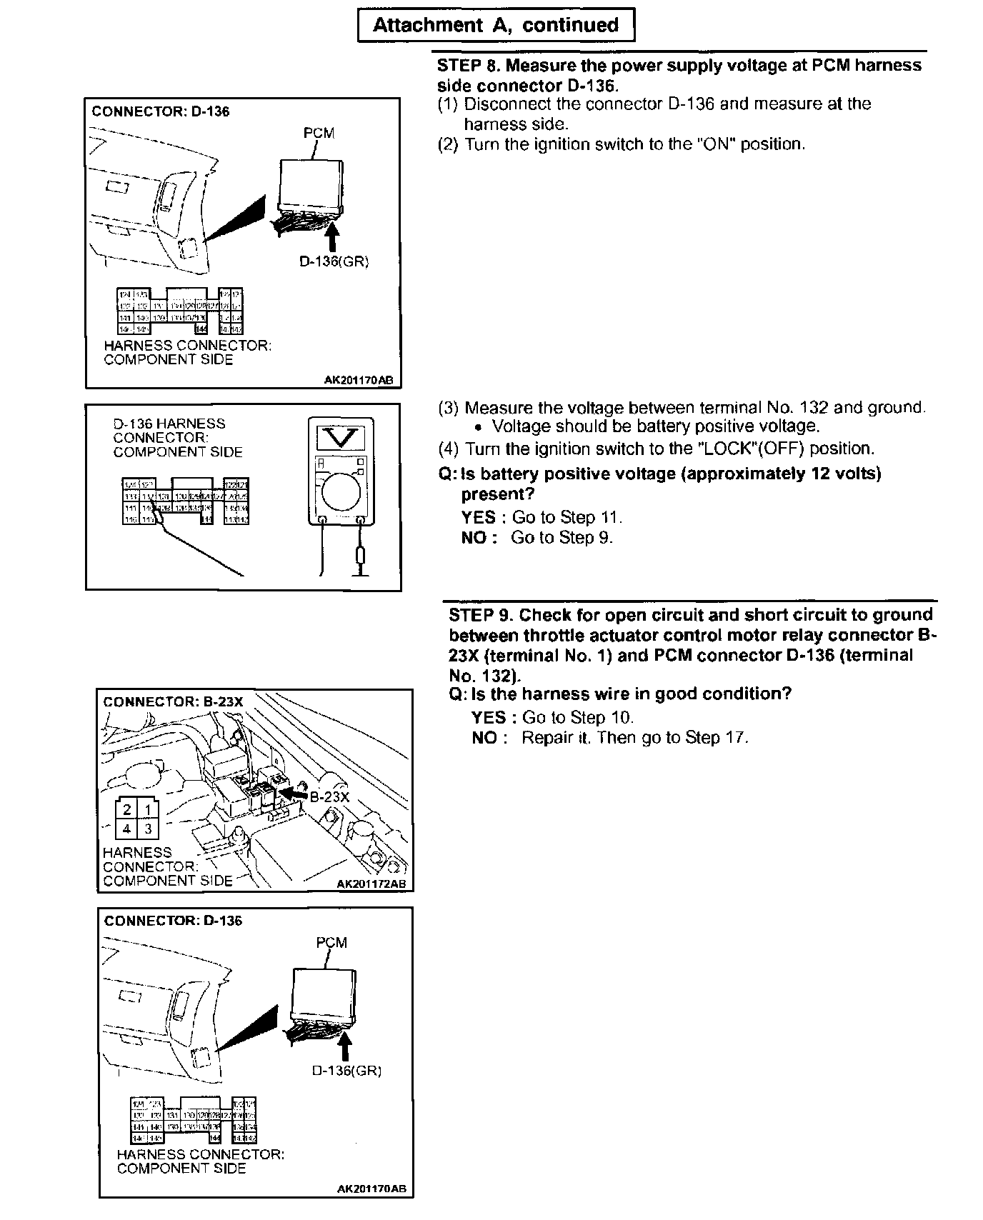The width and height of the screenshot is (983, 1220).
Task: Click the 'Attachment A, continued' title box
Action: pos(496,26)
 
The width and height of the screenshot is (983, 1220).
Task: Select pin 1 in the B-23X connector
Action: pos(148,809)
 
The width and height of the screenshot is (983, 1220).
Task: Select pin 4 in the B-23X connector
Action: pos(126,829)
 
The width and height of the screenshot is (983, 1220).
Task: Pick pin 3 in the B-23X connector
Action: pos(148,829)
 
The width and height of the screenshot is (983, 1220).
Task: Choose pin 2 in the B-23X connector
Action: pos(126,809)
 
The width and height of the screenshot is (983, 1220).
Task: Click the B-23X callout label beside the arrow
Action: pos(329,797)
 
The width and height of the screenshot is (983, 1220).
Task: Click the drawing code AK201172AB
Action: pos(371,884)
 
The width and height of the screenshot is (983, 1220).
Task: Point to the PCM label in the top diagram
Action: pos(319,134)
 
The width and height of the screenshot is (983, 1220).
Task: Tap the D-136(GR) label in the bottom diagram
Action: pos(346,1071)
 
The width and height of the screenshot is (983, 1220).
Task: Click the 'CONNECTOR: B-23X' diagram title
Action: pos(173,702)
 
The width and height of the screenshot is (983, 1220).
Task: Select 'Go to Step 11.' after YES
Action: pos(567,517)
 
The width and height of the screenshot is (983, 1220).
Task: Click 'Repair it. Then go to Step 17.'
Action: pos(634,738)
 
